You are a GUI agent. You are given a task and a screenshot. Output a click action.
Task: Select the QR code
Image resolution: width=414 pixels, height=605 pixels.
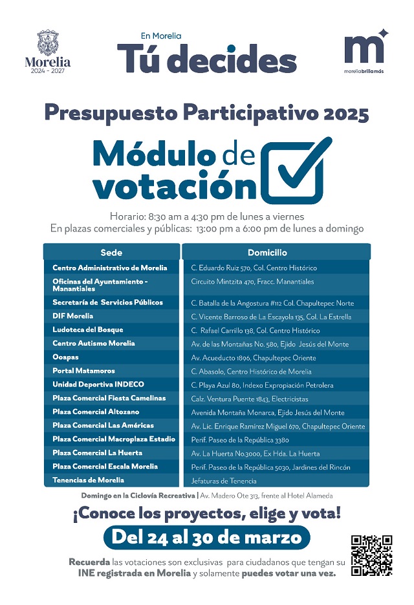(x=371, y=555)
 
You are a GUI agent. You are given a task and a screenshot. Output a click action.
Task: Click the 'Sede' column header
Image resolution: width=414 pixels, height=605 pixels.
(x=111, y=253)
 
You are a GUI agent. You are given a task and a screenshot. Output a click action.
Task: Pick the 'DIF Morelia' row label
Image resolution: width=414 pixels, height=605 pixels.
(x=73, y=316)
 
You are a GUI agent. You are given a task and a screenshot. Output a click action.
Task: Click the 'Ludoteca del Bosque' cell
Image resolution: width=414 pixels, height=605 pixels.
(x=87, y=330)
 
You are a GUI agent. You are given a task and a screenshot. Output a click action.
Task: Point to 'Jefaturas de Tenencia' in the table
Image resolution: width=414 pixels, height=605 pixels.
(x=224, y=481)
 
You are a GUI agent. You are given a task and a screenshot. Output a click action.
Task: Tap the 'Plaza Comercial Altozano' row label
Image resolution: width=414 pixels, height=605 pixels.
(x=96, y=412)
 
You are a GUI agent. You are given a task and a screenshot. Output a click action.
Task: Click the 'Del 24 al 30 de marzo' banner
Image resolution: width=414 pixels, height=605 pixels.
(x=206, y=537)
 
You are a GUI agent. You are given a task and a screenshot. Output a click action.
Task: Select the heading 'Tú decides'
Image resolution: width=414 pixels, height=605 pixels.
(x=206, y=59)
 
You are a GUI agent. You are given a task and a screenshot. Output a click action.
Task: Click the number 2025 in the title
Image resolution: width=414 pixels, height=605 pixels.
(x=347, y=114)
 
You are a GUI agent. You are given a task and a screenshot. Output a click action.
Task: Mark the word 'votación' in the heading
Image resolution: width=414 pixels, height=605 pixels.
(x=175, y=187)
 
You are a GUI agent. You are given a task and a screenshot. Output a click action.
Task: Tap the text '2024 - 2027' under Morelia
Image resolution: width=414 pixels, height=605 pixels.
(x=47, y=71)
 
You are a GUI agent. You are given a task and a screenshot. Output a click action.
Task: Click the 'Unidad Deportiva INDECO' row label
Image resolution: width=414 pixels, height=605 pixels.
(x=98, y=385)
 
